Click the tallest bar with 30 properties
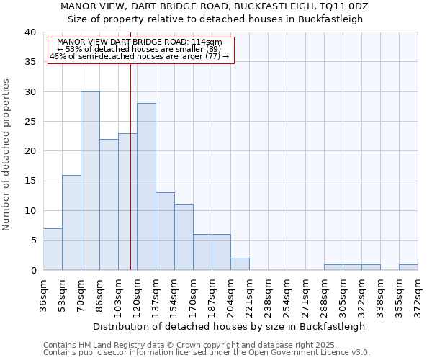(x=90, y=181)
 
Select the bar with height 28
(x=146, y=186)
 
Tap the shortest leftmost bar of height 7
(x=53, y=249)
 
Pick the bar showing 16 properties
(x=71, y=222)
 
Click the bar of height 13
(x=165, y=231)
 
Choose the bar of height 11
(x=184, y=237)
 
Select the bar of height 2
(x=240, y=264)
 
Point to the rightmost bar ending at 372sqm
(x=408, y=267)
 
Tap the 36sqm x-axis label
(x=43, y=294)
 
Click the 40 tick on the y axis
(x=30, y=32)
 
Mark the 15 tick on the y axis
(x=30, y=181)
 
